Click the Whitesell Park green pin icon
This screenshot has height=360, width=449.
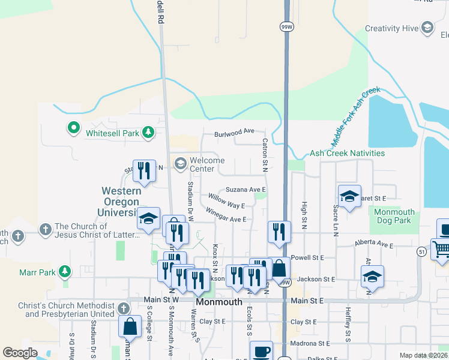(x=73, y=128)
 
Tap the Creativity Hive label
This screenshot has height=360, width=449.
(x=391, y=28)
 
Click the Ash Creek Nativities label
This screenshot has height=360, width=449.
(x=347, y=154)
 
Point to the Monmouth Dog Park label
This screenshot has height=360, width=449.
(x=394, y=217)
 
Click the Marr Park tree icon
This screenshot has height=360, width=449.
(x=64, y=272)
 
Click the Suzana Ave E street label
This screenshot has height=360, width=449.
(x=246, y=190)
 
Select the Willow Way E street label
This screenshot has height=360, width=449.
(x=226, y=201)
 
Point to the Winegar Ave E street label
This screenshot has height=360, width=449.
(x=226, y=215)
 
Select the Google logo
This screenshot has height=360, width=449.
(x=20, y=353)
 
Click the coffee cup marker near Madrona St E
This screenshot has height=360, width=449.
(x=261, y=352)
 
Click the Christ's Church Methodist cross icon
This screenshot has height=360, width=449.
(x=123, y=309)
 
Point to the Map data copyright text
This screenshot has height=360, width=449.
(x=423, y=355)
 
